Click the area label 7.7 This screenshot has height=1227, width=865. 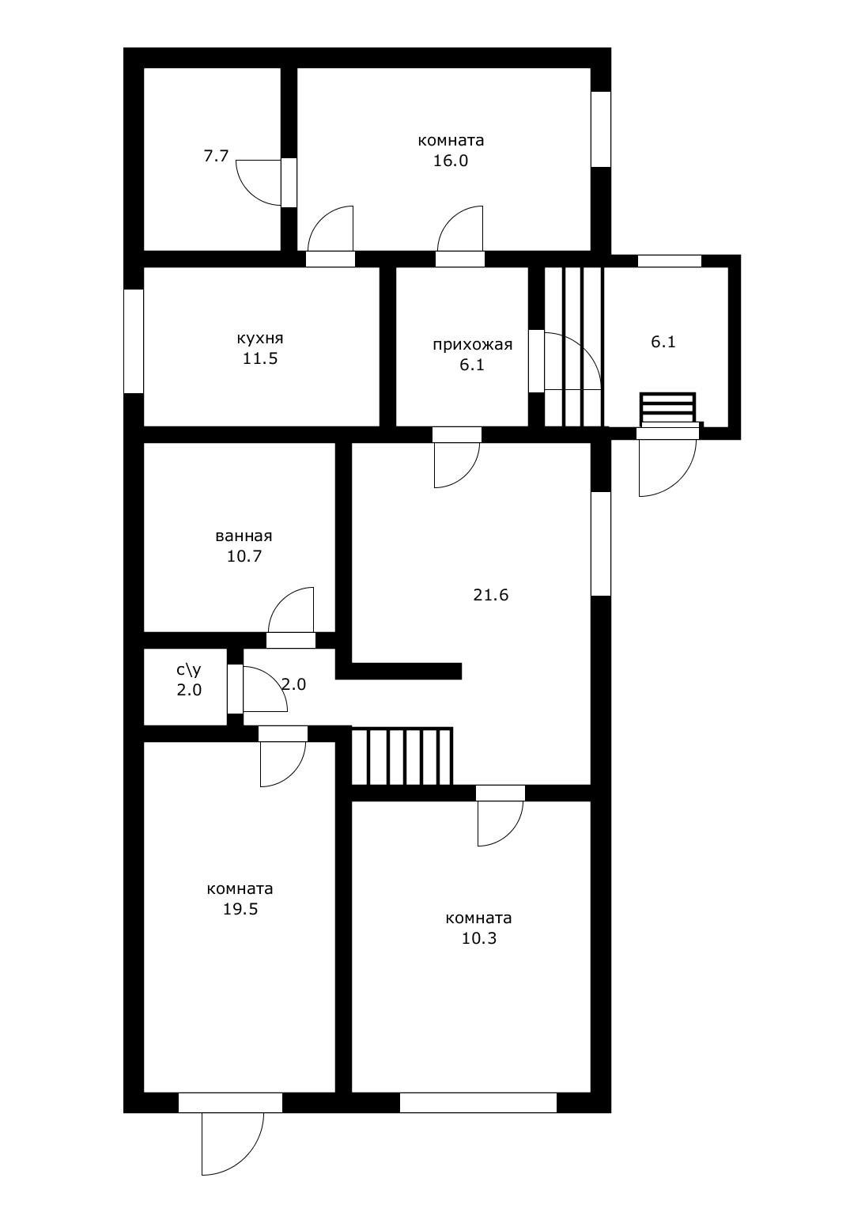[x=216, y=157]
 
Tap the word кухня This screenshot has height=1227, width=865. [x=260, y=339]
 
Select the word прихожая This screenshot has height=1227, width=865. [x=473, y=345]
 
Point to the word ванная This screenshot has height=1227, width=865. [x=244, y=536]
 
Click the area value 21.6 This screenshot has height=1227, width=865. [x=490, y=595]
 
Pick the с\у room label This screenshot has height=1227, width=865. [x=189, y=670]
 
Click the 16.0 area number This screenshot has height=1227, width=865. [x=451, y=161]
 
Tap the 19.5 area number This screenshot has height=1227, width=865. [x=240, y=909]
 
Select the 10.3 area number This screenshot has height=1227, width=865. [x=479, y=939]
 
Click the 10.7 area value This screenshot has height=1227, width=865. [x=244, y=556]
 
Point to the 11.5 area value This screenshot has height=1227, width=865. [x=261, y=359]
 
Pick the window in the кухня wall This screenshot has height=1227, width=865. [x=134, y=341]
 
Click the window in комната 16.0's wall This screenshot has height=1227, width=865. [x=601, y=129]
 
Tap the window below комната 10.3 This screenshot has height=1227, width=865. [x=478, y=1103]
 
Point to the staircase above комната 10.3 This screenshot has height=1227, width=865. [x=402, y=756]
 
